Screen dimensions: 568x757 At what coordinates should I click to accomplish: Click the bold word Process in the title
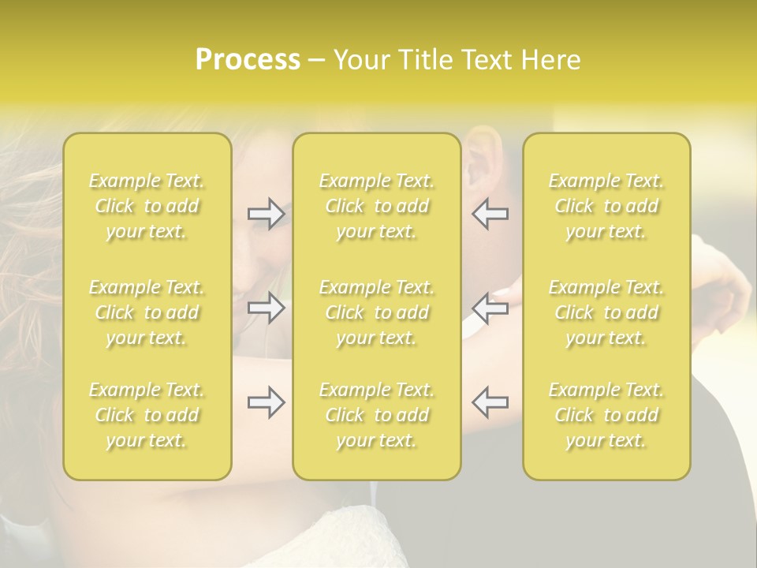coord(248,60)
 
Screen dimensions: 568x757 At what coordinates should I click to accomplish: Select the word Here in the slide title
coord(550,60)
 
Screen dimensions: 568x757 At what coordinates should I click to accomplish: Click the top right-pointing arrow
coord(266,214)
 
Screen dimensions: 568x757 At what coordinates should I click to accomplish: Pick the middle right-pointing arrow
coord(266,308)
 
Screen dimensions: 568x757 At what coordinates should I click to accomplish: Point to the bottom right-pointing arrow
coord(266,402)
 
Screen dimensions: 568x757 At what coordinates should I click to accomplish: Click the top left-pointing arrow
coord(490,214)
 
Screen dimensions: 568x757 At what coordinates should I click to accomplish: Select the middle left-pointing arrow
coord(490,308)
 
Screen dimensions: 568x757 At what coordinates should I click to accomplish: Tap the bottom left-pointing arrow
coord(490,402)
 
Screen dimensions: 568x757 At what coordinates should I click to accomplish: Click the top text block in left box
coord(147,206)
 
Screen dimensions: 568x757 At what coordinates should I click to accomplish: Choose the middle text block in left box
coord(147,312)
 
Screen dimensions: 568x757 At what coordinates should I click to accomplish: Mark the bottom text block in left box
coord(147,415)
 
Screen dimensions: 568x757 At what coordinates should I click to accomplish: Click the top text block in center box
coord(377,206)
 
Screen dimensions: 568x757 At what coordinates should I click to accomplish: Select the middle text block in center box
coord(377,312)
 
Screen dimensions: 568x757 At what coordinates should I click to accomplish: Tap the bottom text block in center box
coord(377,415)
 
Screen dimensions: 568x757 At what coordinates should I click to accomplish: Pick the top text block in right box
coord(606,206)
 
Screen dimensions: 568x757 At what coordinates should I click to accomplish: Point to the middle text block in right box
coord(606,312)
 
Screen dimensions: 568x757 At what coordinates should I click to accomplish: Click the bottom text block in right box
coord(606,415)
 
